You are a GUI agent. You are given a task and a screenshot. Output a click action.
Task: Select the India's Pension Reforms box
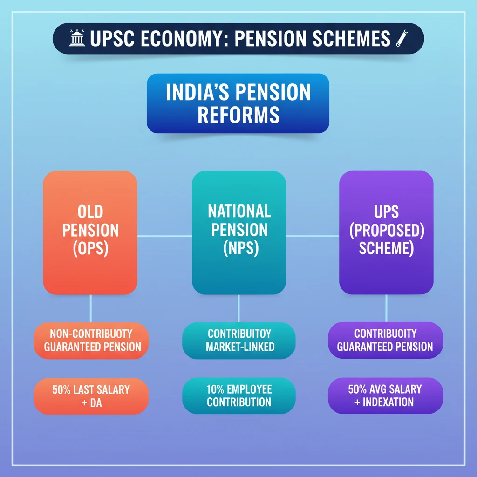point(238,103)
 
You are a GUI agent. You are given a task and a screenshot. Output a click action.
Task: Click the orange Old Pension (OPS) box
point(90,232)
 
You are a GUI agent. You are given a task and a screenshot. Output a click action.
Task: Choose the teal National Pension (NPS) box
point(239,232)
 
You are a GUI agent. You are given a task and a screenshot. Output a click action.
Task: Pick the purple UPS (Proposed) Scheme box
point(386,232)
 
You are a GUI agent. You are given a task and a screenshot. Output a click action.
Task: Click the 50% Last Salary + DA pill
point(91,395)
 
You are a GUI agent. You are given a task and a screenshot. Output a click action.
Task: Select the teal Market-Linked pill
point(239,341)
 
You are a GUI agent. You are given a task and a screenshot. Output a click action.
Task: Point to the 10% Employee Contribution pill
point(239,395)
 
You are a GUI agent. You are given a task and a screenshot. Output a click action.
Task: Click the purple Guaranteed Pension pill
point(385,341)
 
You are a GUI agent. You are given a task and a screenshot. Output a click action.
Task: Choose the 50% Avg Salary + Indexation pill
point(385,395)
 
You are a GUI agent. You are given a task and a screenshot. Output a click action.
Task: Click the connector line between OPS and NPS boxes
point(164,236)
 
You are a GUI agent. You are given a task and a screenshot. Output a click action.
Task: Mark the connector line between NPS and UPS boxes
point(313,236)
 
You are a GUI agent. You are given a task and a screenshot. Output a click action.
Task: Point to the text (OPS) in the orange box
point(90,249)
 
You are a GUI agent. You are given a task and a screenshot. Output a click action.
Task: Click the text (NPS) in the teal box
point(239,248)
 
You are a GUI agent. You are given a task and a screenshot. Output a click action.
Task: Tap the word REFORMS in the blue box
point(238,114)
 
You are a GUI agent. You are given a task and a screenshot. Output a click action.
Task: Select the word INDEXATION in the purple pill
point(389,402)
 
